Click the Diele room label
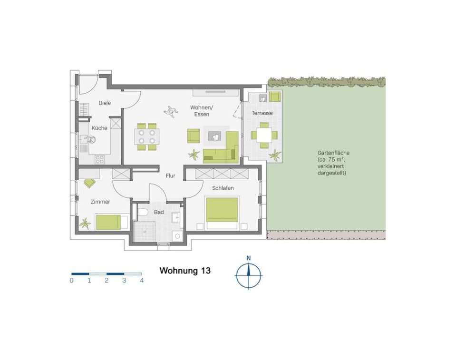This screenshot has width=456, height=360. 105,103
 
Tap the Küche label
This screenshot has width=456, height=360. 99,128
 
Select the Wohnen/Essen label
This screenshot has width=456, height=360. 202,111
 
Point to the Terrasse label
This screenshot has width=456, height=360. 262,113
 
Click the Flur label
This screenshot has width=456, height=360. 170,175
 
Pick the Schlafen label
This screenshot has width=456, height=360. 223,188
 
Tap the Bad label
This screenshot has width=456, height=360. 159,212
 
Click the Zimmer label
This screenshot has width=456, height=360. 100,202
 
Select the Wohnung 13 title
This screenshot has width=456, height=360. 185,271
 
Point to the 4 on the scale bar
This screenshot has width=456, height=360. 142,281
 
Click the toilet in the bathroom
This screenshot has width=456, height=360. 143,212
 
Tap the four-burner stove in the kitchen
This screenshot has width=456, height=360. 99,159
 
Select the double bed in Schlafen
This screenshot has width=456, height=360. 222,214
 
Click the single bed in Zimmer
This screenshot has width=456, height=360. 112,222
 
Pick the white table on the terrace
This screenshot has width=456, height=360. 264,135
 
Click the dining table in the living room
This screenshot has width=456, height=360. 146,136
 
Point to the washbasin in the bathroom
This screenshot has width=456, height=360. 176,217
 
